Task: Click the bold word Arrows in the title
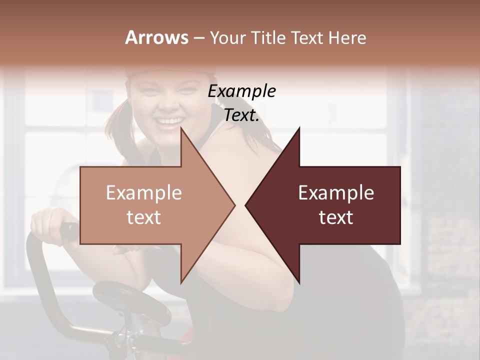tap(156, 38)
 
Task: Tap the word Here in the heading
tap(347, 38)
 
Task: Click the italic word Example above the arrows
tap(242, 91)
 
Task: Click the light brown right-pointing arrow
tap(150, 205)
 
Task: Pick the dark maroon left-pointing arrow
tap(330, 205)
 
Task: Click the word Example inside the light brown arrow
tap(144, 193)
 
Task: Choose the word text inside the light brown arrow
tap(144, 217)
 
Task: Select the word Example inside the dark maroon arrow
tap(336, 193)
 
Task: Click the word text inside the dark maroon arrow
tap(336, 217)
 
